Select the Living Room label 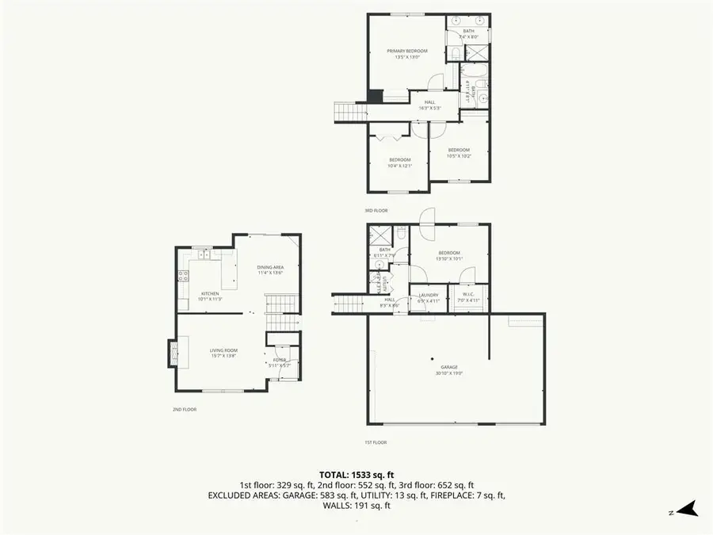pos(224,353)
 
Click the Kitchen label pos(209,296)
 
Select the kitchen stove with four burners pos(184,277)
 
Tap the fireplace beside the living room pos(172,353)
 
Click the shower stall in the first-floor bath pos(379,236)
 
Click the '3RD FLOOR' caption pos(376,211)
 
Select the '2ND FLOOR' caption pos(185,410)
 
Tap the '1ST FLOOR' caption pos(376,442)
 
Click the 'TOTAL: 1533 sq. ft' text pos(356,473)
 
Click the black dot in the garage pos(433,356)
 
